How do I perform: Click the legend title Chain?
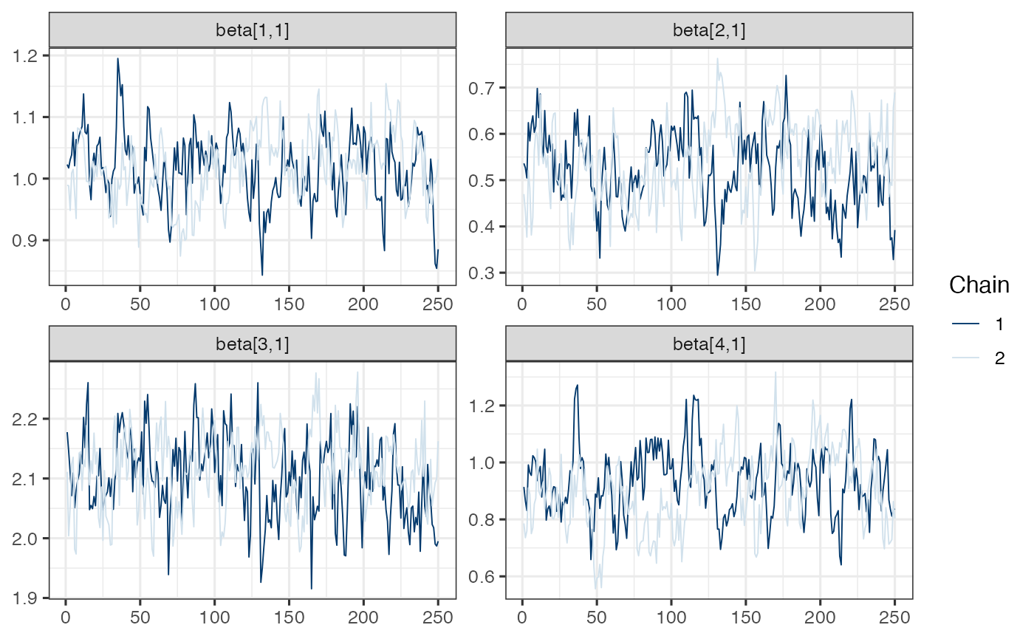coord(979,285)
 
